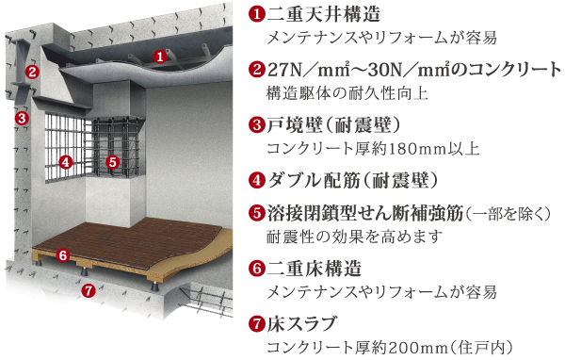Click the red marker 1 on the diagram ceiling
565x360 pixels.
(160, 57)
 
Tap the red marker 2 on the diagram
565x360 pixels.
(31, 72)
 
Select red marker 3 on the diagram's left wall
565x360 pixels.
(20, 119)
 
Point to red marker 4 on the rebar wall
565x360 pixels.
(66, 161)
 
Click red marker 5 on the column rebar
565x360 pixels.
(113, 161)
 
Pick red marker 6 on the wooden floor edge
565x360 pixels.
(63, 254)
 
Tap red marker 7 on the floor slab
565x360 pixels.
(88, 289)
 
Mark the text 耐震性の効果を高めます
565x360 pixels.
(354, 236)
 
